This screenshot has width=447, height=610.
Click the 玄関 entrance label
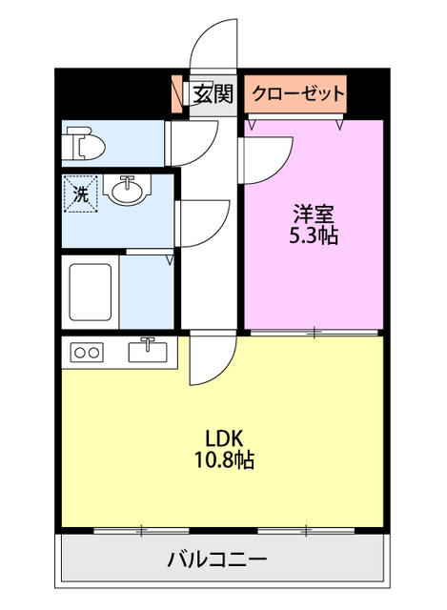pos(213,93)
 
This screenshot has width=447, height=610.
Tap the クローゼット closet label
pos(296,93)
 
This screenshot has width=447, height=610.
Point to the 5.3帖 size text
pos(314,235)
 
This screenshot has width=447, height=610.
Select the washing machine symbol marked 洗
pos(79,193)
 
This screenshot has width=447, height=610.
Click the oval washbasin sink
pos(127,193)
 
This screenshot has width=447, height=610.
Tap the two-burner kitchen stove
pos(87,353)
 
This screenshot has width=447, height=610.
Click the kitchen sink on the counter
pos(148,351)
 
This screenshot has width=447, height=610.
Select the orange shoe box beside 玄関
pos(177,93)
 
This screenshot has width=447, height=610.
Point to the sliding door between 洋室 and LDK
pos(315,332)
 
